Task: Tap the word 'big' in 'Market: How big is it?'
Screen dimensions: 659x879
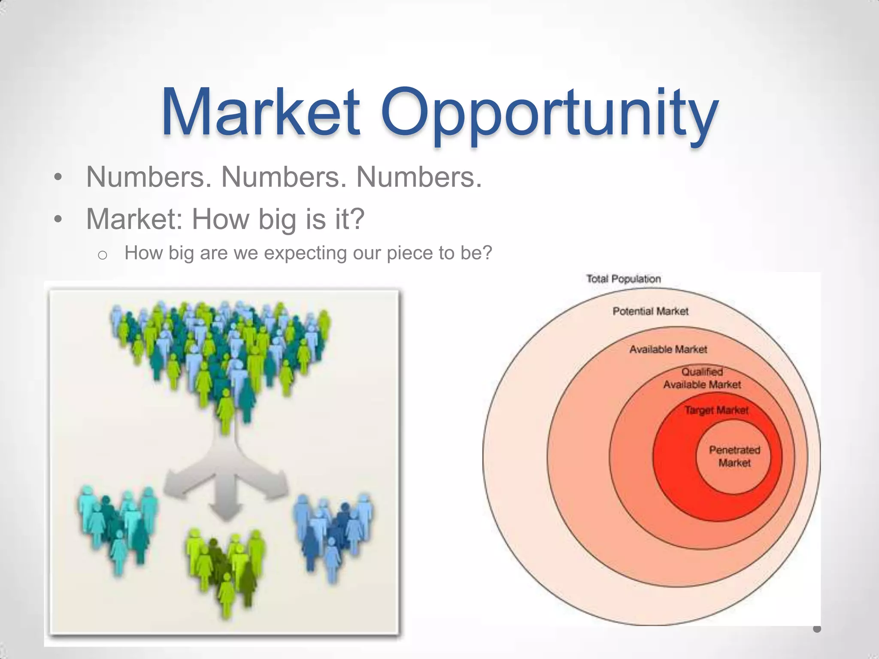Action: pyautogui.click(x=276, y=219)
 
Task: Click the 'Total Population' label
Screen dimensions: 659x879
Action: pyautogui.click(x=623, y=279)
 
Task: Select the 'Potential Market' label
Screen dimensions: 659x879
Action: pyautogui.click(x=650, y=311)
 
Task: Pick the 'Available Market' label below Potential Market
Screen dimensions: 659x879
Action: pyautogui.click(x=668, y=349)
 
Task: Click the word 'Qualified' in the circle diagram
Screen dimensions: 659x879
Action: pyautogui.click(x=702, y=372)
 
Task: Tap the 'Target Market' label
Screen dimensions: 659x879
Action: pyautogui.click(x=716, y=410)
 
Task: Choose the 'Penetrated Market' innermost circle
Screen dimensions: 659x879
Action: pyautogui.click(x=734, y=456)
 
